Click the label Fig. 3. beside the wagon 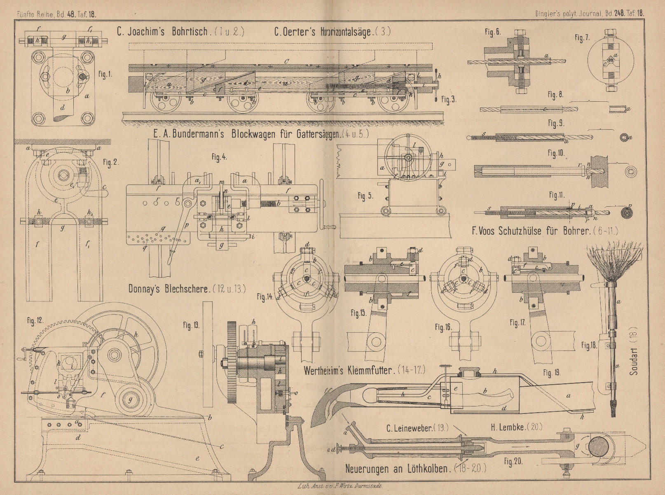449,99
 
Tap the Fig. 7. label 581,37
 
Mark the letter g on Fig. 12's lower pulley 131,400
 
